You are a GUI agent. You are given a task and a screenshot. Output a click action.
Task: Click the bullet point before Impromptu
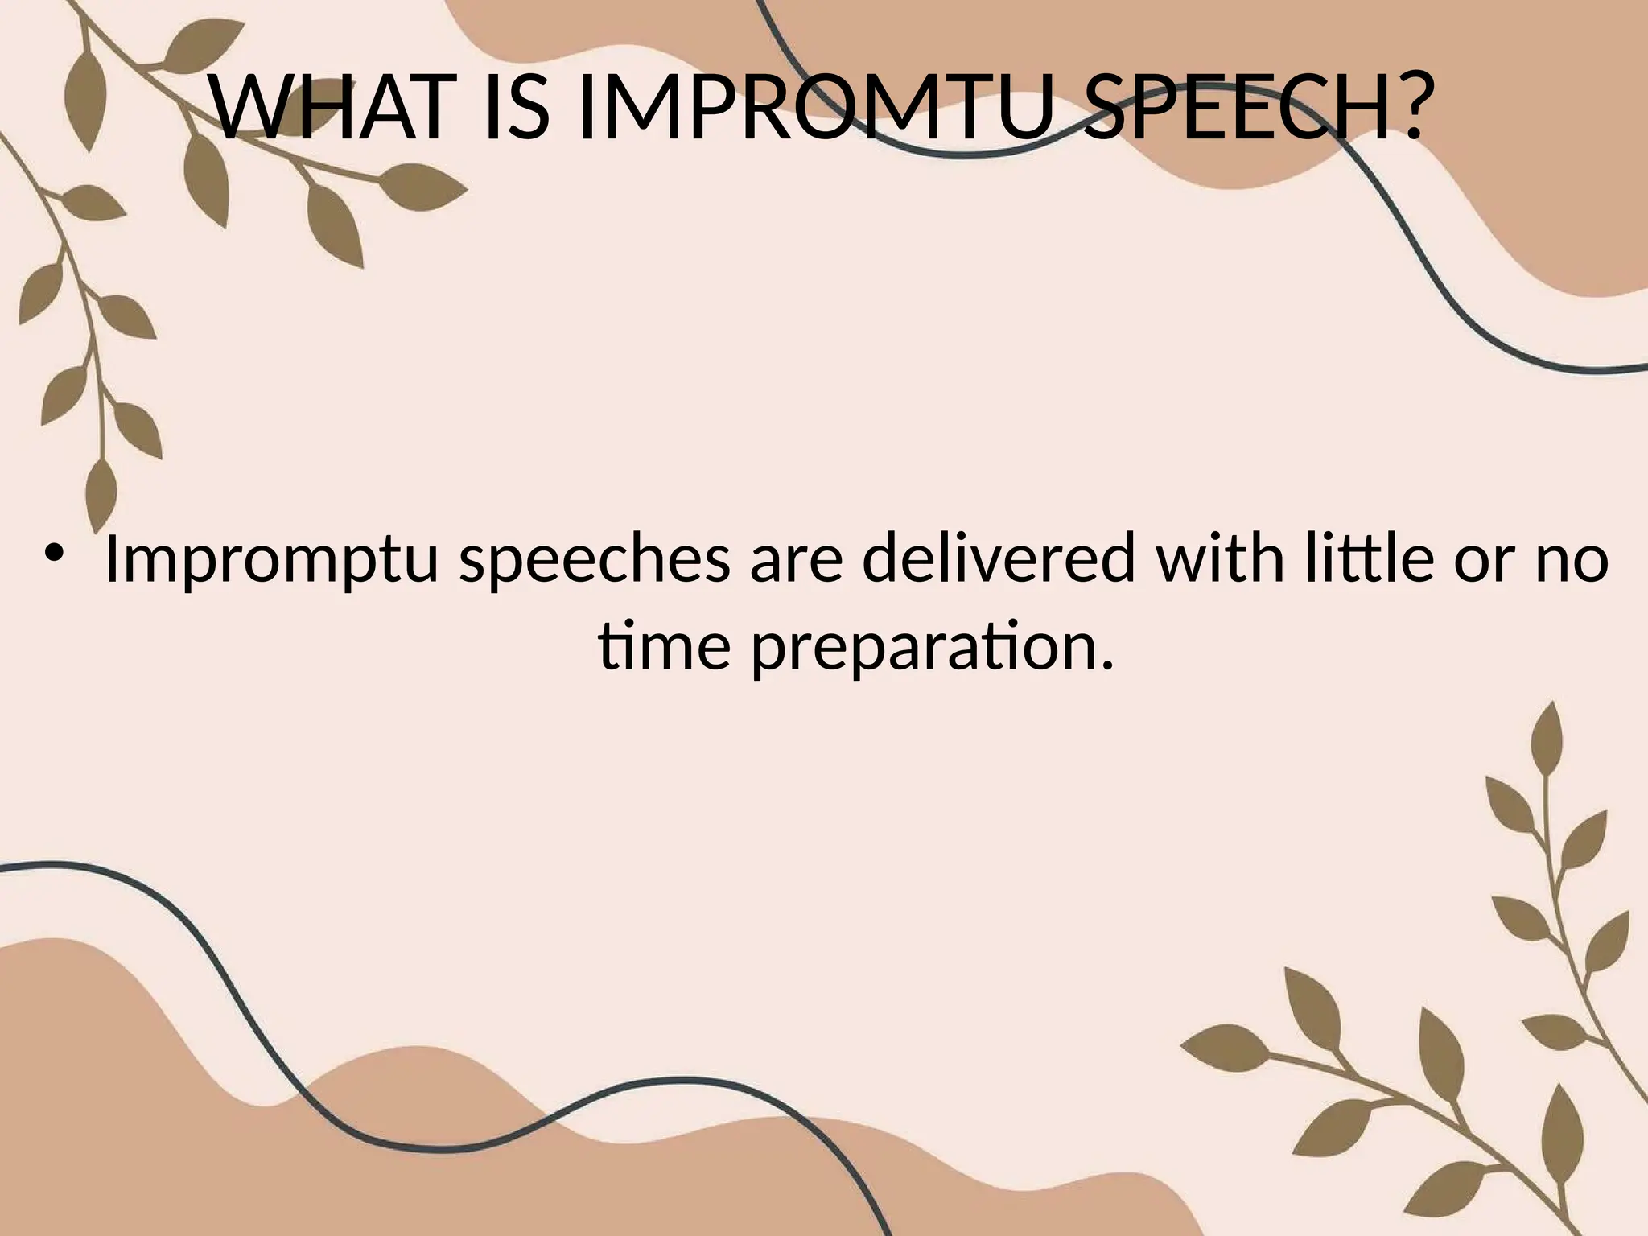[x=54, y=554]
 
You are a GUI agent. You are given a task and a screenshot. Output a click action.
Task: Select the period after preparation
[x=1107, y=665]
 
